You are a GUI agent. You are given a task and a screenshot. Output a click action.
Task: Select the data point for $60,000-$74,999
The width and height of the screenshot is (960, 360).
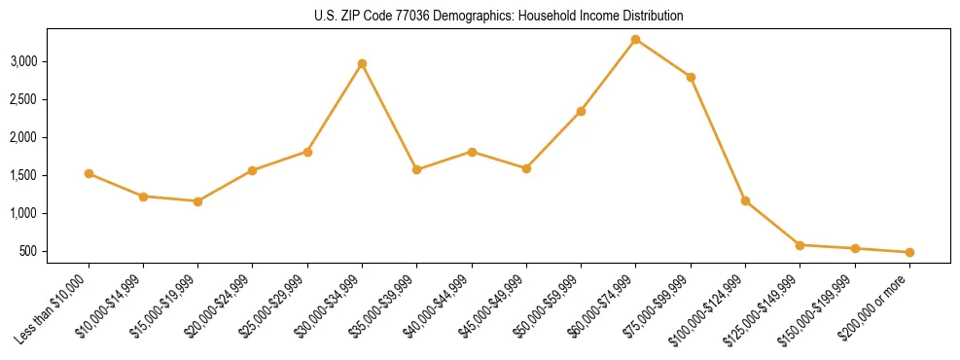(635, 39)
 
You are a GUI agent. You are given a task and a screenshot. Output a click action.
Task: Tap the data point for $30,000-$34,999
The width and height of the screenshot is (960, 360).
(362, 63)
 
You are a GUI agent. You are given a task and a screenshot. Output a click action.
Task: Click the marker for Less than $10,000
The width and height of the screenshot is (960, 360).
(89, 173)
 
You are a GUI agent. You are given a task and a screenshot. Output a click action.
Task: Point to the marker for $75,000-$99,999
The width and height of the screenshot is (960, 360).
(691, 77)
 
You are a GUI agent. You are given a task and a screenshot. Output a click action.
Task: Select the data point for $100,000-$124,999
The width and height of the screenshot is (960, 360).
(745, 200)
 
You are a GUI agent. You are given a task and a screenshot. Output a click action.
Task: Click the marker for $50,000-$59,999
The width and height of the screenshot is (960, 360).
(581, 111)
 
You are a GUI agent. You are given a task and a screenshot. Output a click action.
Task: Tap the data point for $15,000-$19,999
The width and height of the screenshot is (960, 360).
(197, 201)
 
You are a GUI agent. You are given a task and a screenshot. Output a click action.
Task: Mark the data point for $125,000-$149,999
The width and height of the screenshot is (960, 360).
(800, 245)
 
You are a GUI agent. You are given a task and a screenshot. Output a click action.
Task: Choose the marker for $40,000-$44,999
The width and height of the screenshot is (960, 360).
(472, 152)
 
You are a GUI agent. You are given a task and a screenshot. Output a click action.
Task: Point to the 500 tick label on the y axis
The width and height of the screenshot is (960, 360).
(54, 251)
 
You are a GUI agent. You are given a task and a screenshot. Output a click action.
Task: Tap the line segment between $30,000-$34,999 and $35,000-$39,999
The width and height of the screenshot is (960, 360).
(389, 117)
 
